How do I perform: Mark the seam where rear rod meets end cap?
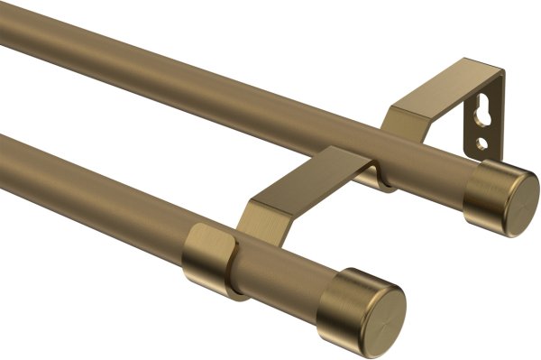(x=478, y=180)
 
